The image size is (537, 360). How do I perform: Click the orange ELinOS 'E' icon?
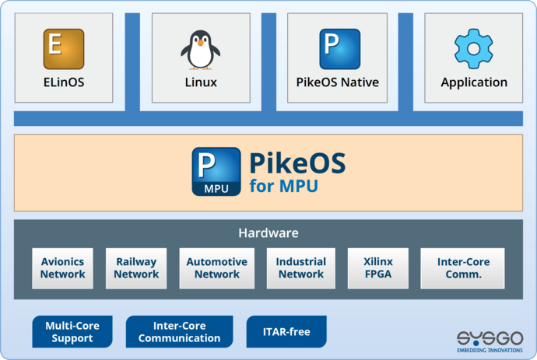point(63,48)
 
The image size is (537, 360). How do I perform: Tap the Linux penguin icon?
point(200,48)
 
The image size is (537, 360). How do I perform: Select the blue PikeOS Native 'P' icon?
point(339,48)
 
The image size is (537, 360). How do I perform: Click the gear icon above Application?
point(473,48)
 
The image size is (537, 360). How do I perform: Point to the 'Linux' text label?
point(201,82)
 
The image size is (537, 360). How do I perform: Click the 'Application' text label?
point(474,82)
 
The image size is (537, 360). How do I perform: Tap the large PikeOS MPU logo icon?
point(216,172)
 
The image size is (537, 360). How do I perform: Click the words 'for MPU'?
point(284,187)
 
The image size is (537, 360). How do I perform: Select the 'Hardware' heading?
point(268,232)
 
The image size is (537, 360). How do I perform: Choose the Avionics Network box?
point(63,268)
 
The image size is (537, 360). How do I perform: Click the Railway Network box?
point(136,268)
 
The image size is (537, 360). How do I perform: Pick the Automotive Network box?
point(216,268)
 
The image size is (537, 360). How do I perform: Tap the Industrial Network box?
point(300,268)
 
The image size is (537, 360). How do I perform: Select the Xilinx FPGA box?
point(377,268)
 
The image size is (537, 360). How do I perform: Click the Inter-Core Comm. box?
point(462,268)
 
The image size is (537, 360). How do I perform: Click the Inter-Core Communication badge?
point(179,332)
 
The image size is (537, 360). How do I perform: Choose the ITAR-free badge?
point(286,332)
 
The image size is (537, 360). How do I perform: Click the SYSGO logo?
point(490,339)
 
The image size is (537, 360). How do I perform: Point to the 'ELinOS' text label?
point(63,82)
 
